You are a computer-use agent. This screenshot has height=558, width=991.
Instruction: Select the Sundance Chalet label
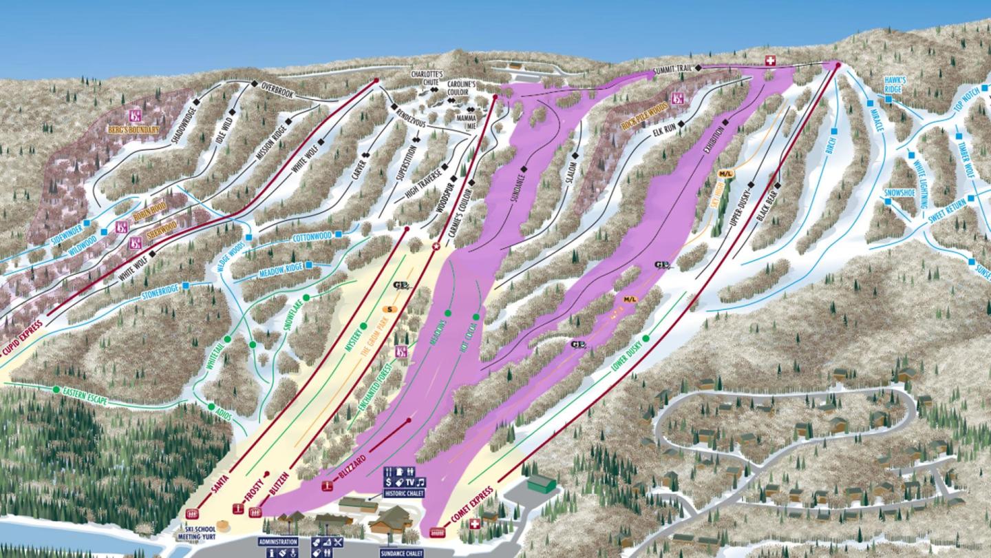402,552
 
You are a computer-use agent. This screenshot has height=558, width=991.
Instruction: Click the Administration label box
278,541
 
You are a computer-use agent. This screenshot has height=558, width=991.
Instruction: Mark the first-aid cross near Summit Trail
770,61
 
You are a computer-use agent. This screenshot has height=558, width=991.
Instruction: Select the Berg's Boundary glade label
133,130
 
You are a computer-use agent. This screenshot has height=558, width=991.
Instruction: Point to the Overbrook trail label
277,90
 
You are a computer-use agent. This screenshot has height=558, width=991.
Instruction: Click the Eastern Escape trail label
85,397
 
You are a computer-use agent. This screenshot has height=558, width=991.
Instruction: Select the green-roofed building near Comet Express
542,482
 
